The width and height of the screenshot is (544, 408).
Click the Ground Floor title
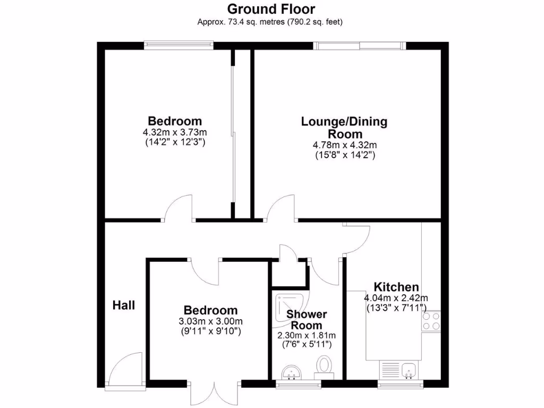click(271, 9)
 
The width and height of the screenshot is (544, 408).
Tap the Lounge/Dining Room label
click(344, 127)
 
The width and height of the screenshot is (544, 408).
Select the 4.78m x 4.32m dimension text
click(344, 145)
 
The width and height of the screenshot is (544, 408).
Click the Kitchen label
click(396, 287)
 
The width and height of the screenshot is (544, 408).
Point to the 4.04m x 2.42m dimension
click(396, 297)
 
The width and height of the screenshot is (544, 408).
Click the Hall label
click(124, 305)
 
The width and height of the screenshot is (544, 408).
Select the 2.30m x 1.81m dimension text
click(307, 336)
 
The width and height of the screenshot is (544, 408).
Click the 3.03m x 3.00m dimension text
click(210, 321)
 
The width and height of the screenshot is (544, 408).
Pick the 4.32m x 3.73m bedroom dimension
click(175, 132)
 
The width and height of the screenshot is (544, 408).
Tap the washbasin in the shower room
click(290, 371)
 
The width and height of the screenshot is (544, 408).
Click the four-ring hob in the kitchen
click(431, 321)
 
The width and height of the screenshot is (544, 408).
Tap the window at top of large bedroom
click(178, 46)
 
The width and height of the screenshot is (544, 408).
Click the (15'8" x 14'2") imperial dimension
click(344, 156)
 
